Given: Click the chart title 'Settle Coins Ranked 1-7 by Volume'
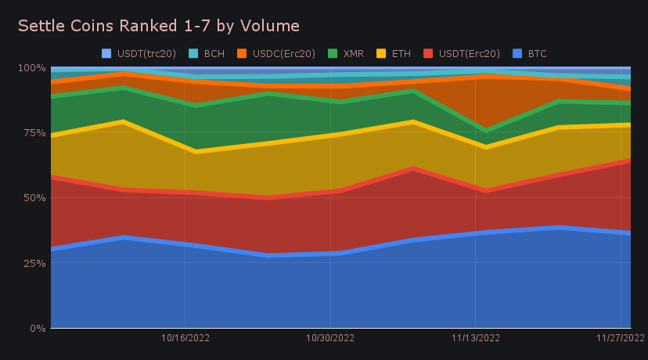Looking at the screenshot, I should pos(158,26).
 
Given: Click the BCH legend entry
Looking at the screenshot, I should pos(207,54).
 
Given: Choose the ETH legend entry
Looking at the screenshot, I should pos(394,54).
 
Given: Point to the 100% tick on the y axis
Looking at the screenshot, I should pos(31,68).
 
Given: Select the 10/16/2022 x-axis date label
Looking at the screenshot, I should pos(185,338).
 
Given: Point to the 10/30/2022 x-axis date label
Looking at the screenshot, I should pos(330,338).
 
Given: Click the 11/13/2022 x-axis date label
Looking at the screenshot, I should pos(476,338).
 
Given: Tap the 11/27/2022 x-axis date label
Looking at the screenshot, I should pos(620,338).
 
